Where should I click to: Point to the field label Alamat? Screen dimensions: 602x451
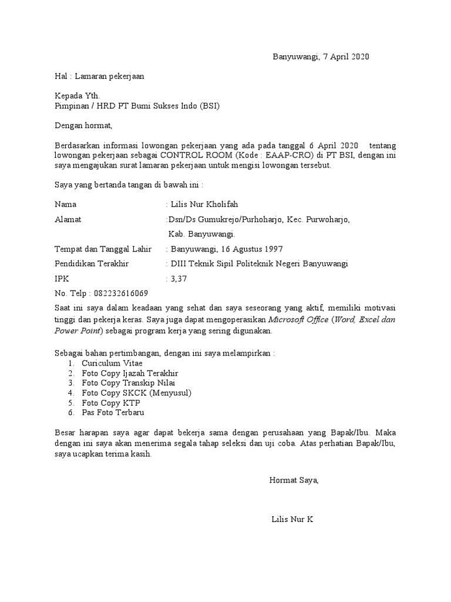(x=68, y=219)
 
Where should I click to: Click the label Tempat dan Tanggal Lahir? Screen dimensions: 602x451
(x=100, y=249)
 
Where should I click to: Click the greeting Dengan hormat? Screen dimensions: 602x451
(x=83, y=125)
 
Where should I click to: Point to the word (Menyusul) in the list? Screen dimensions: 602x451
(x=171, y=393)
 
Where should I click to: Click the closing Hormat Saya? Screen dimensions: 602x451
(x=294, y=480)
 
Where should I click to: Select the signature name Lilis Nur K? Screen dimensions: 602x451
(x=292, y=520)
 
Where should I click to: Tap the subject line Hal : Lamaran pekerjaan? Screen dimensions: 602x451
(x=99, y=76)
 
